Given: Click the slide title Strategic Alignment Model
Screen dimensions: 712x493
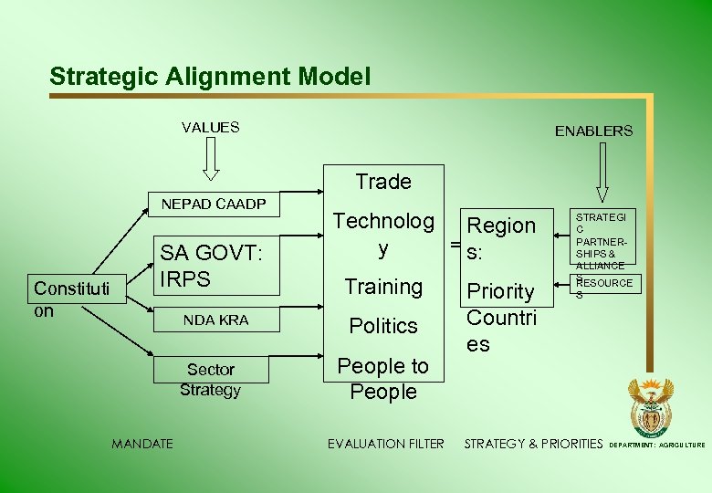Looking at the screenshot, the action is pyautogui.click(x=210, y=77).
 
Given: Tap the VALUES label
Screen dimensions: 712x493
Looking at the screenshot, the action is pyautogui.click(x=210, y=128).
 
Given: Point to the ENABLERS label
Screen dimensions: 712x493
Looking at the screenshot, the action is pyautogui.click(x=593, y=131).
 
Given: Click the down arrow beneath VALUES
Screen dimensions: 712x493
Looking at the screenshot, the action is pyautogui.click(x=211, y=159).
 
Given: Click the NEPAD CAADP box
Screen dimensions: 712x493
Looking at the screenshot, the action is pyautogui.click(x=214, y=205).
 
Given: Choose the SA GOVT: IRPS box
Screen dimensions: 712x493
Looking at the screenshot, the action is pyautogui.click(x=214, y=266).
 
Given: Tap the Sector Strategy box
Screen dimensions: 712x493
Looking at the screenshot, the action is pyautogui.click(x=211, y=380).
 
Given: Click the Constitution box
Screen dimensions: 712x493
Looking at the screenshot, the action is pyautogui.click(x=71, y=299).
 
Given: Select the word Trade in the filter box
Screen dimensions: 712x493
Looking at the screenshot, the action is pyautogui.click(x=383, y=182).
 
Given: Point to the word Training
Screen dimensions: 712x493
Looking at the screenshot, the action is pyautogui.click(x=383, y=287).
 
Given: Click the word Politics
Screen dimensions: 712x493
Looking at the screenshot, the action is pyautogui.click(x=383, y=326).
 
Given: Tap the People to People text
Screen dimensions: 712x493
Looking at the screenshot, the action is pyautogui.click(x=383, y=379).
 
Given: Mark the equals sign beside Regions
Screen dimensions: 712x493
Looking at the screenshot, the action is pyautogui.click(x=454, y=245).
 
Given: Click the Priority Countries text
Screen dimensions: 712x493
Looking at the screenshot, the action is pyautogui.click(x=501, y=317).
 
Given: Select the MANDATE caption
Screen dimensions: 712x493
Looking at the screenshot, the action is pyautogui.click(x=141, y=444).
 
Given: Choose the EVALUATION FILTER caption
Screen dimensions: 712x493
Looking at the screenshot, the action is pyautogui.click(x=385, y=444).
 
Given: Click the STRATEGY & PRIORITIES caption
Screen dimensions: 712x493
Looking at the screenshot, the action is pyautogui.click(x=534, y=444).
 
